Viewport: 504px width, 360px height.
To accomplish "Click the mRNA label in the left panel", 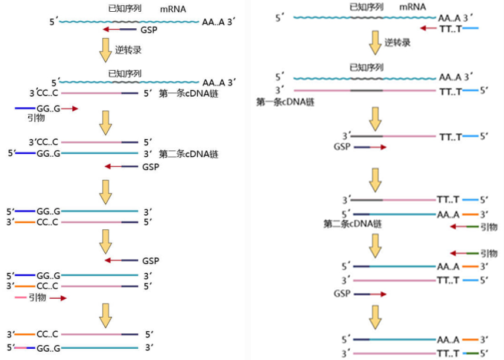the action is click(x=173, y=9).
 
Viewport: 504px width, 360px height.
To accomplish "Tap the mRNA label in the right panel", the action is click(x=412, y=6).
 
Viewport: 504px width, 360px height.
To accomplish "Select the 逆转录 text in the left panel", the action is click(x=128, y=50).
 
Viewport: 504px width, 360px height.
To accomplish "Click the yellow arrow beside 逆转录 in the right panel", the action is click(x=375, y=43).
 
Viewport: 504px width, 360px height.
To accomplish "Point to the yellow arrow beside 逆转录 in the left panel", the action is click(x=105, y=50).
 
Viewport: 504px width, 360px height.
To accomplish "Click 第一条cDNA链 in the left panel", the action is click(x=188, y=94).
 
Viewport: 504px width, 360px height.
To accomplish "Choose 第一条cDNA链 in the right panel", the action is click(x=285, y=102).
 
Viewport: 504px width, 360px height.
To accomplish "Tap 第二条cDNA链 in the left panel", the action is click(x=188, y=154).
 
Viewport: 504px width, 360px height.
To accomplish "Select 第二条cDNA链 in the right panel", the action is click(x=353, y=223).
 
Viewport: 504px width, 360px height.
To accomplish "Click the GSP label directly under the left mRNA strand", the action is click(x=149, y=30).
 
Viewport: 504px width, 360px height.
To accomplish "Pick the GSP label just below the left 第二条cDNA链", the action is click(x=151, y=167).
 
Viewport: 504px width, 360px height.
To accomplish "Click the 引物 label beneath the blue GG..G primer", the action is click(x=36, y=118).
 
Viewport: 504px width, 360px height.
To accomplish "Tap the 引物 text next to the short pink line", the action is click(x=38, y=298).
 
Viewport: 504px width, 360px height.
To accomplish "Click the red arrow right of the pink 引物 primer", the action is click(x=58, y=298).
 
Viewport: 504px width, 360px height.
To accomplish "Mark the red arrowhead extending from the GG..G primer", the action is click(x=75, y=109).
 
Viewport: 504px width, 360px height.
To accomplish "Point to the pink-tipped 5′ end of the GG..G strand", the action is click(x=21, y=348).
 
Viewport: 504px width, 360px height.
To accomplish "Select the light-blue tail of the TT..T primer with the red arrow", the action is click(x=470, y=28).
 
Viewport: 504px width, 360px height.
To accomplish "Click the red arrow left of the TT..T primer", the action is click(x=429, y=28).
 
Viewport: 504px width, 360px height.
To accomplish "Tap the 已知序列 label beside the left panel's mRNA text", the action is click(x=125, y=8).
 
